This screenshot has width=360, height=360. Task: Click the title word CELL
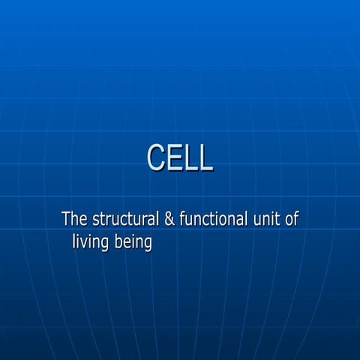[x=180, y=158]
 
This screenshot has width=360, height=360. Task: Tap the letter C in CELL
[x=157, y=158]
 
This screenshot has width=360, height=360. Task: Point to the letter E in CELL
[x=175, y=158]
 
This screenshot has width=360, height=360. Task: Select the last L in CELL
[x=205, y=158]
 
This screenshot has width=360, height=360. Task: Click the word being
[x=133, y=243]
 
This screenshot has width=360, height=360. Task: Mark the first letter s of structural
[x=95, y=220]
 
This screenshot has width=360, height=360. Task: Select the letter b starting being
[x=119, y=242]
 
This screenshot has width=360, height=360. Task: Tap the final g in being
[x=148, y=244]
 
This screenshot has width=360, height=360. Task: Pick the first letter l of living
[x=74, y=242]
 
